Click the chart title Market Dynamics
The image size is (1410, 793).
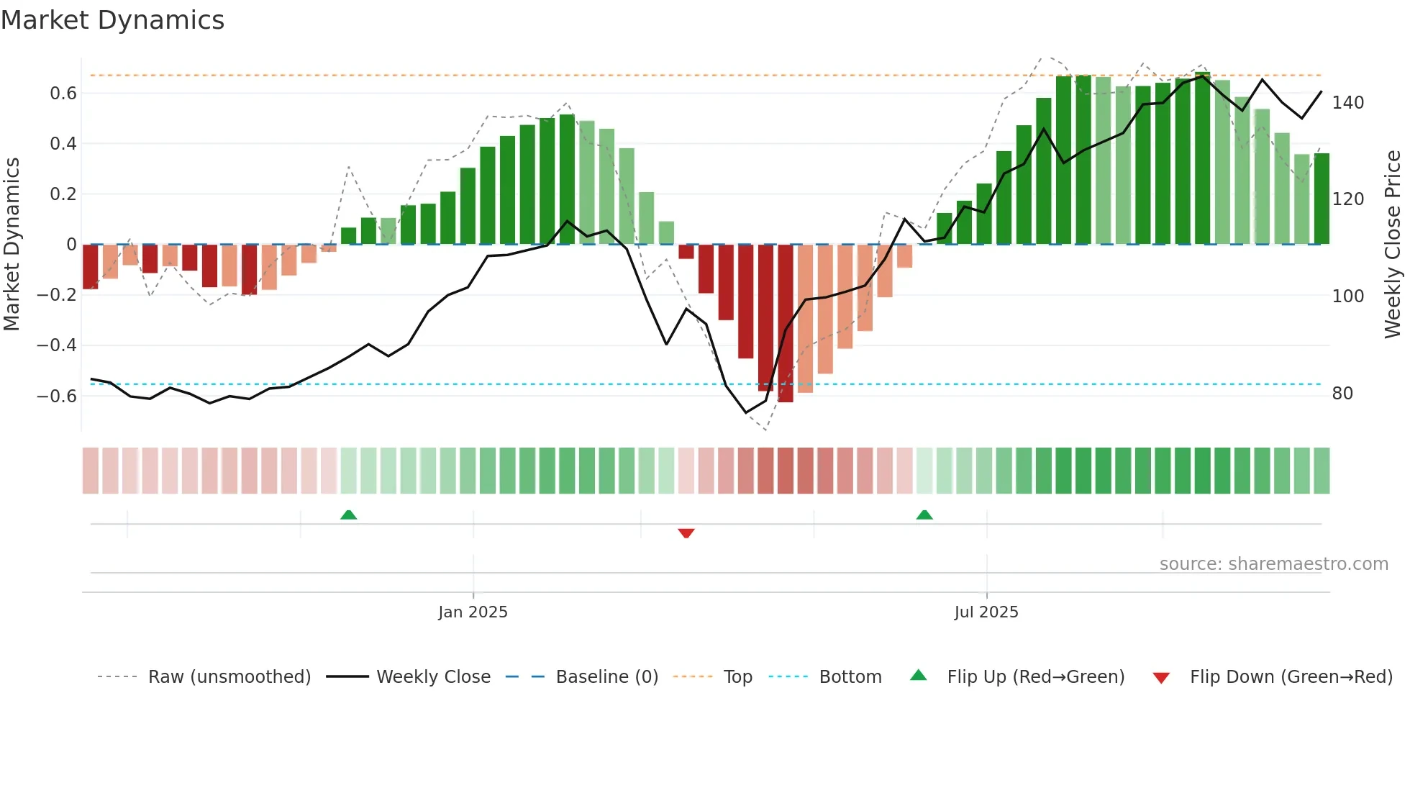click(112, 20)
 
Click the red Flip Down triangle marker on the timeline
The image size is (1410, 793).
click(686, 533)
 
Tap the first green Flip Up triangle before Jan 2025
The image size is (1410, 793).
click(348, 515)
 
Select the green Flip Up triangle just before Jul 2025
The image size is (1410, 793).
click(924, 515)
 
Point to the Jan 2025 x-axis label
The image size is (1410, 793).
click(473, 612)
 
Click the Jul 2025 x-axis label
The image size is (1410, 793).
click(986, 612)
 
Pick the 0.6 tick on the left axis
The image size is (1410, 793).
click(63, 94)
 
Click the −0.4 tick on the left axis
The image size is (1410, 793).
click(57, 345)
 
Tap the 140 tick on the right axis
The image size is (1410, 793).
click(1347, 103)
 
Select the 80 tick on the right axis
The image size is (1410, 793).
click(1342, 394)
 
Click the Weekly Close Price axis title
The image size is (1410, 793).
click(1393, 245)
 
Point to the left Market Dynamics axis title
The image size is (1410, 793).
click(12, 245)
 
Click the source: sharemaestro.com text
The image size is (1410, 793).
click(1273, 564)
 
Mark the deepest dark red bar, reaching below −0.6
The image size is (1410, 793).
click(786, 324)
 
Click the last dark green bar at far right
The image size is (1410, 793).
click(1322, 199)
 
